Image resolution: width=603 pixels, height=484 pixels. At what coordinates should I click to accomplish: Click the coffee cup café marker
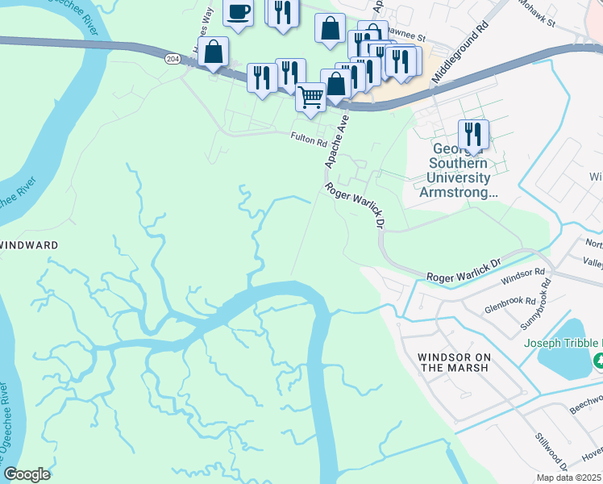click(238, 13)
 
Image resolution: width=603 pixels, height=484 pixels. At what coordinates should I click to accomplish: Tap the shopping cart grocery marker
click(310, 98)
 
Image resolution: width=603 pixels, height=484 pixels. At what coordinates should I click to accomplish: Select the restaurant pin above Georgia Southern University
click(473, 133)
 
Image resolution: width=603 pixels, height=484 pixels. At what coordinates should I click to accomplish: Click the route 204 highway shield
click(172, 59)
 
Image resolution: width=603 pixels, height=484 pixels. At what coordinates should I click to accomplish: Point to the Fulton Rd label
click(309, 139)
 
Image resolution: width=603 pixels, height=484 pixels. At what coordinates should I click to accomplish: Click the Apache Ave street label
click(338, 141)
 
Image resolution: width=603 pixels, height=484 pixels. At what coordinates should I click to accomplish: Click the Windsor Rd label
click(523, 276)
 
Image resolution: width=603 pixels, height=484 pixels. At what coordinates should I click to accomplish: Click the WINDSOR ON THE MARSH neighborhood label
click(453, 361)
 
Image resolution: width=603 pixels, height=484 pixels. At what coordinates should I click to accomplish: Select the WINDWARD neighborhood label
click(31, 244)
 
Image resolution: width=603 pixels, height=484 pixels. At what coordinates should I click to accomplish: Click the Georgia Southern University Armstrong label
click(461, 171)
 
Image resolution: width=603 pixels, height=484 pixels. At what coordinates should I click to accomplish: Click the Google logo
click(27, 474)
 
